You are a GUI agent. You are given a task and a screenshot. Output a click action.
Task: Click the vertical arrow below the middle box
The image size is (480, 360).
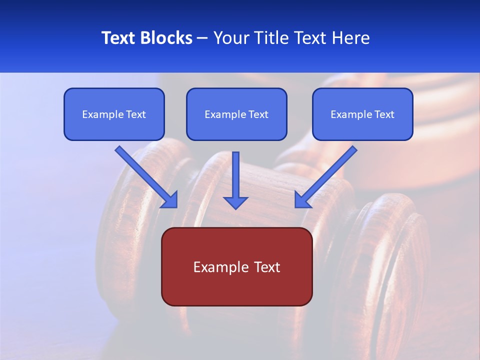coord(235,177)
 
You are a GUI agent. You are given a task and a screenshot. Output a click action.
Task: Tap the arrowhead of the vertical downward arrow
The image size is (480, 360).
coord(235,202)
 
